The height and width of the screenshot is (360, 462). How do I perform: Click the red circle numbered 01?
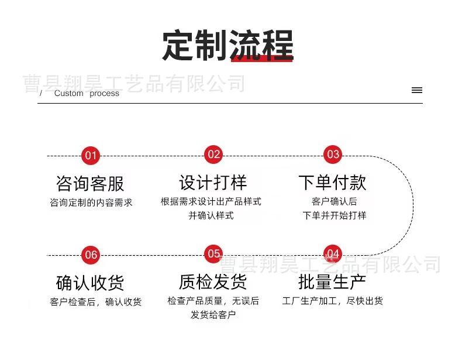tap(90, 156)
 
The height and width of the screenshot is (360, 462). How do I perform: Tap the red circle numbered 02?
tap(213, 155)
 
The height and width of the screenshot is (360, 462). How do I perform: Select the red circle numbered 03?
tap(333, 155)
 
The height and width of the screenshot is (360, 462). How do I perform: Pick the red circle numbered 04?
tap(333, 254)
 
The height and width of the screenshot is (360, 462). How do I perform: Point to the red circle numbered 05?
tap(213, 254)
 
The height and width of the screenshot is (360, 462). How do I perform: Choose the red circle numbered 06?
tap(91, 255)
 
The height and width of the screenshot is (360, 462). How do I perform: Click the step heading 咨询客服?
tap(90, 184)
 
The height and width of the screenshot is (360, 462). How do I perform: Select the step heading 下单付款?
tap(332, 183)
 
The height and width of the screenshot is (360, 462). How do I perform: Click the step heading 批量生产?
tap(332, 282)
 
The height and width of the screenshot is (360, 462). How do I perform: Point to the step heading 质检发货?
tap(213, 282)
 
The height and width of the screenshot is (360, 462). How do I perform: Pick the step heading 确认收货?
tap(90, 283)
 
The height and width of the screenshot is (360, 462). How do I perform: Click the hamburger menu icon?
tap(416, 90)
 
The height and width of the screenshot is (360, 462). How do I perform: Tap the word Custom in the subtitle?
tap(69, 94)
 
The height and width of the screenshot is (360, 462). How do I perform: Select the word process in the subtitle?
tap(105, 94)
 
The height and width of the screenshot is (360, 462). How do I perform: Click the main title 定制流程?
tap(227, 45)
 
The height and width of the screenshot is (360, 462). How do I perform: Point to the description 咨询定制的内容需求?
tap(91, 203)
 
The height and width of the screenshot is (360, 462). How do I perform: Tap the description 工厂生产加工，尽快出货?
tap(332, 301)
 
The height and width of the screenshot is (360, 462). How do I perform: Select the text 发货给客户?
tap(213, 315)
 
